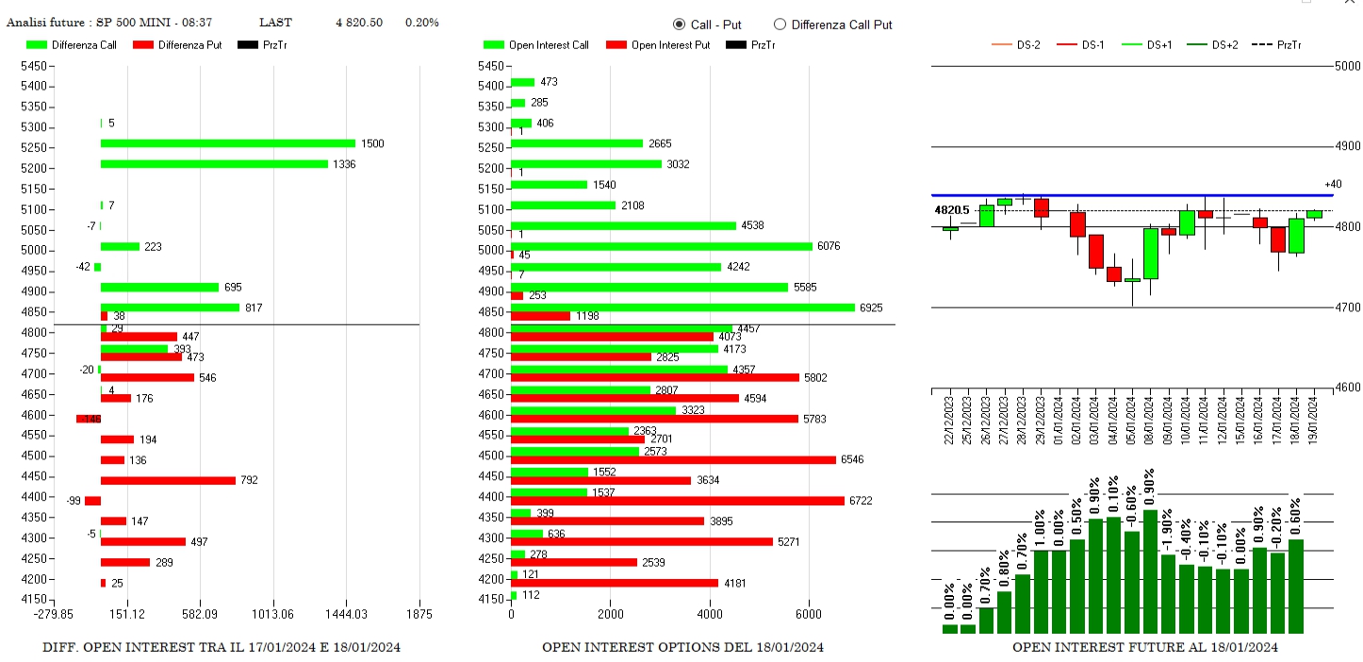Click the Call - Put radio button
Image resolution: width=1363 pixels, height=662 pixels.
680,25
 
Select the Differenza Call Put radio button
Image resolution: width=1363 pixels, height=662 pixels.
780,25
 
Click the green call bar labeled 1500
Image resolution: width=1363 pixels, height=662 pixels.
227,143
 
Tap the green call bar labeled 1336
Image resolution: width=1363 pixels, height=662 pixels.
214,164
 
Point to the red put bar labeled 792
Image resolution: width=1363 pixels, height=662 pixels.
168,480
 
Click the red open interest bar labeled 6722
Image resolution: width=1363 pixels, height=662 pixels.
677,501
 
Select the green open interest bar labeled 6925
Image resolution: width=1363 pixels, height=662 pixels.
682,307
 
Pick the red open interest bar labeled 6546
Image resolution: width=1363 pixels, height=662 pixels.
673,459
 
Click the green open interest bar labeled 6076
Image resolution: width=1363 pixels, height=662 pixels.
661,246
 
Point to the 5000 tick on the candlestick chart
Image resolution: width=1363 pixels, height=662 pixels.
1347,65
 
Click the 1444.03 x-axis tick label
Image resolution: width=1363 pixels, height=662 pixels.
346,614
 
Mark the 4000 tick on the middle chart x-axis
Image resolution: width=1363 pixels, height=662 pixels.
710,614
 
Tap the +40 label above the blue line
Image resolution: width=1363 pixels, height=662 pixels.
1333,184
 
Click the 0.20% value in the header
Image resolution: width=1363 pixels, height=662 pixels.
421,23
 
